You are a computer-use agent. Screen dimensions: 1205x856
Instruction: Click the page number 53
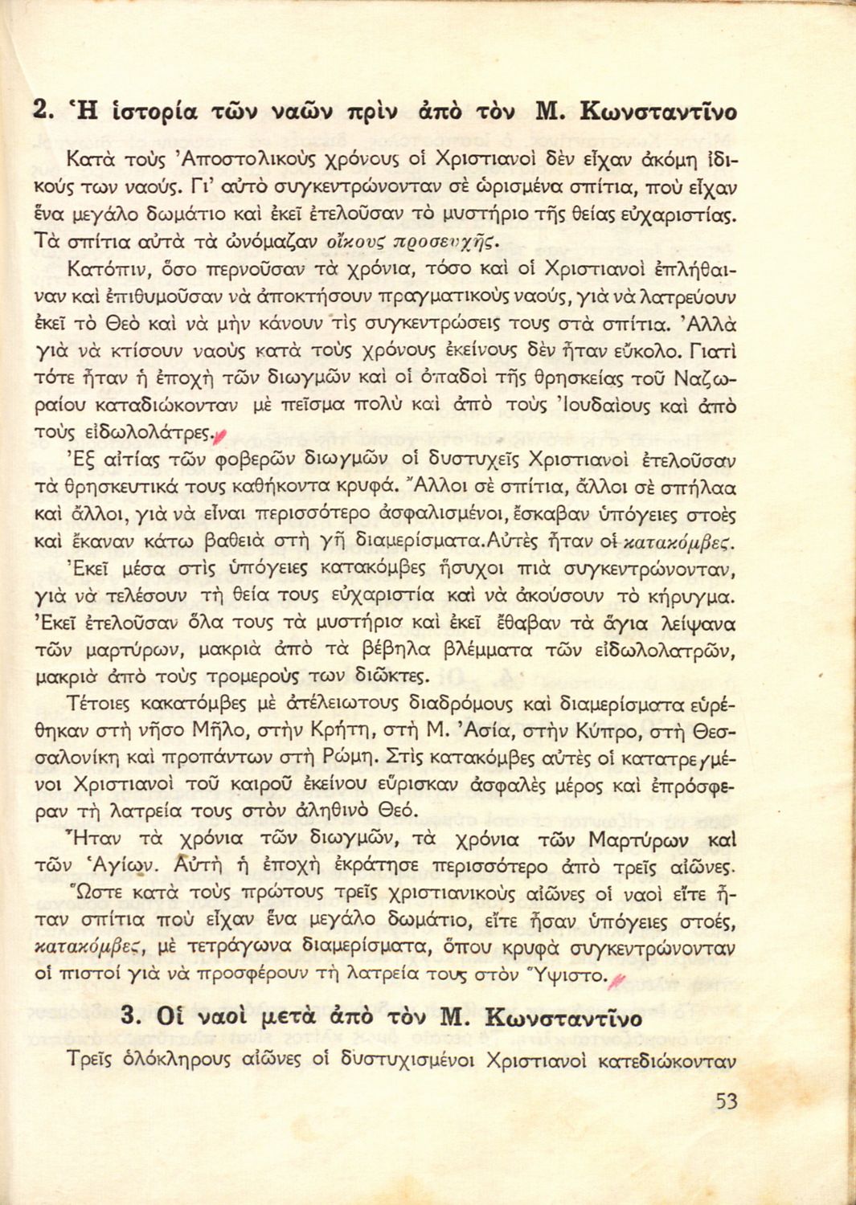726,1101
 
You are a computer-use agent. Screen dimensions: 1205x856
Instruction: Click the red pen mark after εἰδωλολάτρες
221,435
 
